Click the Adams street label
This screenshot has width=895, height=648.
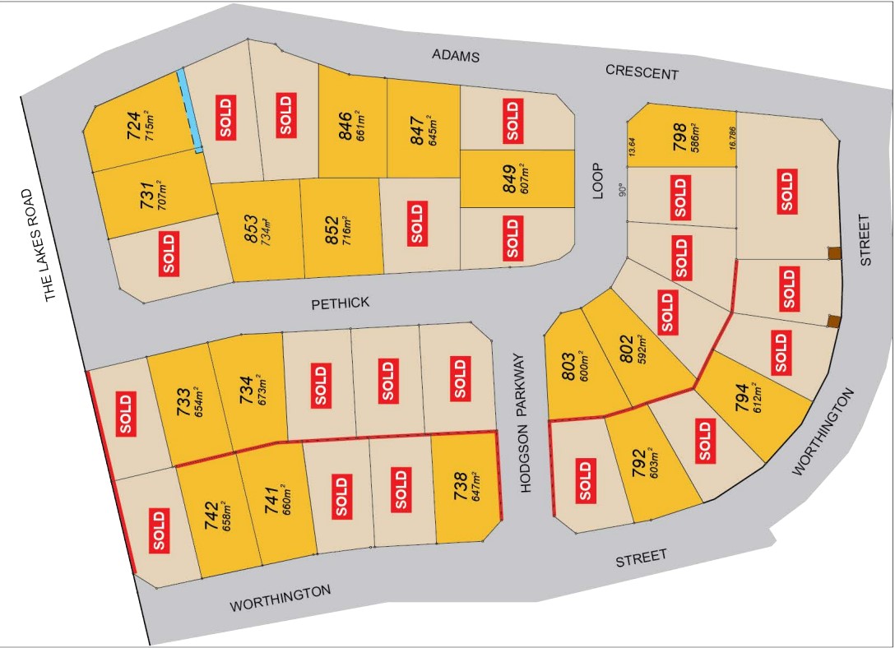(x=456, y=56)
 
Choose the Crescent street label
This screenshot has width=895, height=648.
(x=642, y=72)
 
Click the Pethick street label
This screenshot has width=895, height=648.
(x=341, y=303)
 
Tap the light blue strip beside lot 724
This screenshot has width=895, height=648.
(x=189, y=111)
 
